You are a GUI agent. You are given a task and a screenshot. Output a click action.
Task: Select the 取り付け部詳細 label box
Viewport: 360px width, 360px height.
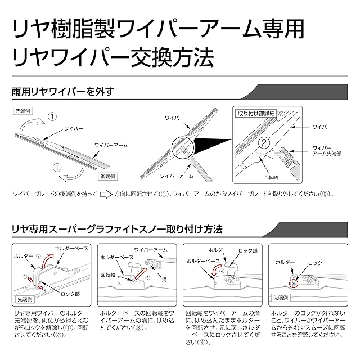pyautogui.click(x=257, y=114)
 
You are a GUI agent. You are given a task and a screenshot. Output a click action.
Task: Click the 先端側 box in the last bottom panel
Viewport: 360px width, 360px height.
pyautogui.click(x=282, y=296)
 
